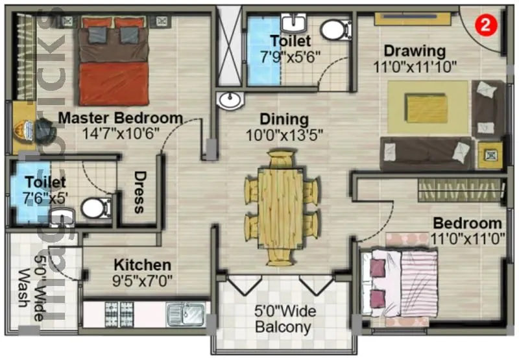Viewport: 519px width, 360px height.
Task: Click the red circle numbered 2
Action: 483,26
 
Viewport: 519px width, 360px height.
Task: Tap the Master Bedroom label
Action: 120,118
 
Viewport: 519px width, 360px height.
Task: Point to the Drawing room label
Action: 414,51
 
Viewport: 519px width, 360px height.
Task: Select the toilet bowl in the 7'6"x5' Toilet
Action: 96,208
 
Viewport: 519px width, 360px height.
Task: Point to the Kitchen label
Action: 142,265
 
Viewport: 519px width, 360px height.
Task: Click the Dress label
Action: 139,193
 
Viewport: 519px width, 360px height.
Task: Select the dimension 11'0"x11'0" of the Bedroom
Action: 467,238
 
